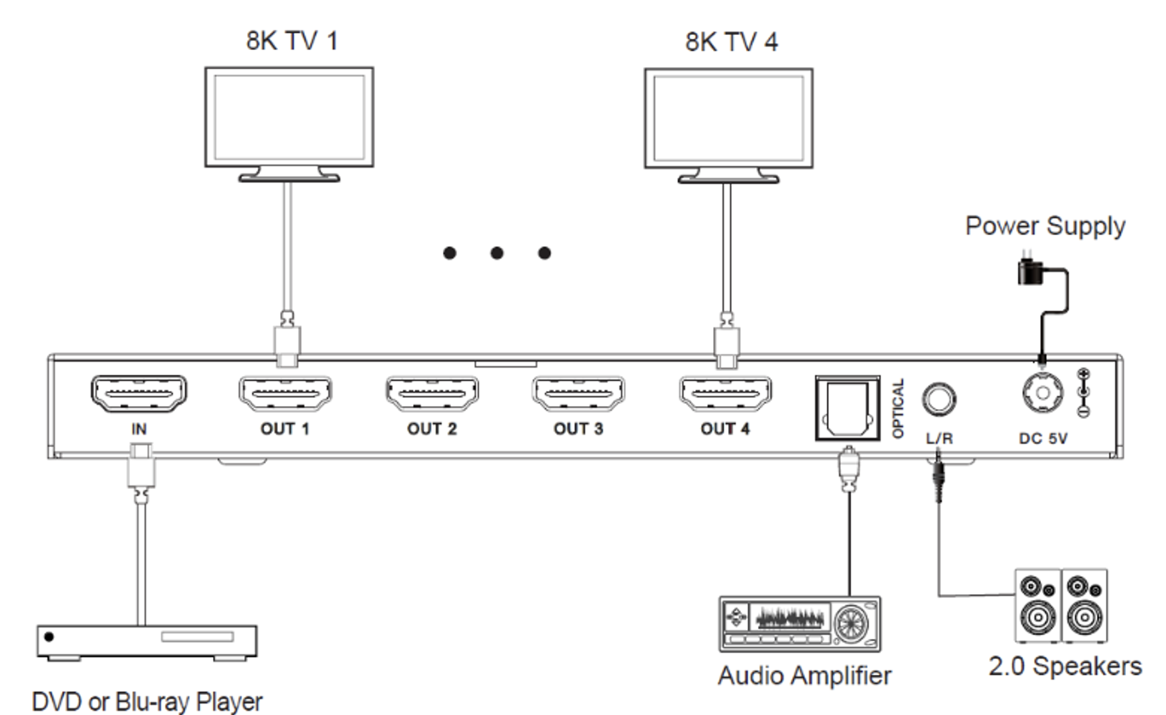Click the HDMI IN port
139,393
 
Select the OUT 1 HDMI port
285,393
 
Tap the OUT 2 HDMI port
432,393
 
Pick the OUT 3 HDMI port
578,393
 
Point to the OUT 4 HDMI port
725,393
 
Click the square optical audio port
847,408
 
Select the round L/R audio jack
939,400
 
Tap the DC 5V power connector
1042,393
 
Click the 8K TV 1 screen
289,117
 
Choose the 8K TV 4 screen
729,118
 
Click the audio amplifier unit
800,624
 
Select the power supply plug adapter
1030,270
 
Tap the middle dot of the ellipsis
497,253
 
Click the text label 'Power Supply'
1045,227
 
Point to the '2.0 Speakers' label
1065,666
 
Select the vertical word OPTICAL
898,408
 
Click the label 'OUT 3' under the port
578,428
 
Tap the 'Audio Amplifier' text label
804,676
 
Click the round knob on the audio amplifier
852,623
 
